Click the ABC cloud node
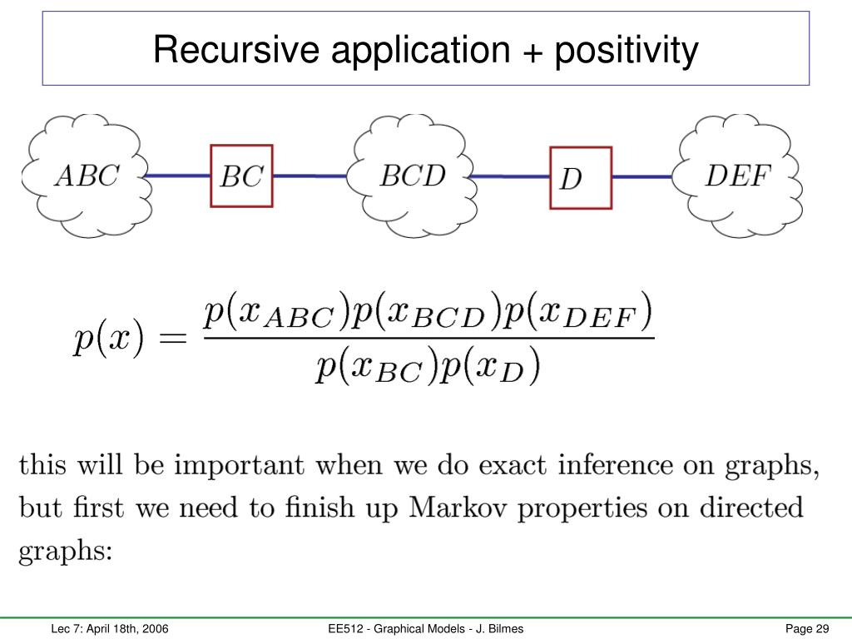pos(87,176)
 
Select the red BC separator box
pos(241,176)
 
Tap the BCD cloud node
pos(413,176)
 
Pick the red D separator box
pos(580,177)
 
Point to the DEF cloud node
pos(738,176)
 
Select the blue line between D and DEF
pos(642,176)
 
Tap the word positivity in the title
pos(627,52)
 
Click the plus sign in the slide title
pos(528,52)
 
